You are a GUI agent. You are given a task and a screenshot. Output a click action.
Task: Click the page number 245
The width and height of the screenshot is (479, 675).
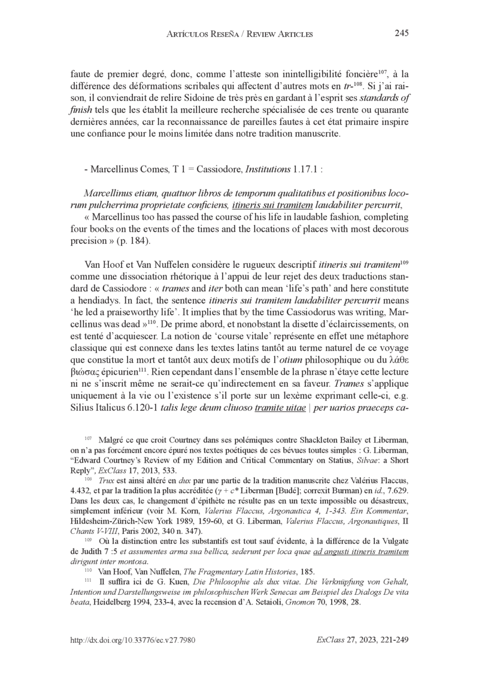click(401, 33)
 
